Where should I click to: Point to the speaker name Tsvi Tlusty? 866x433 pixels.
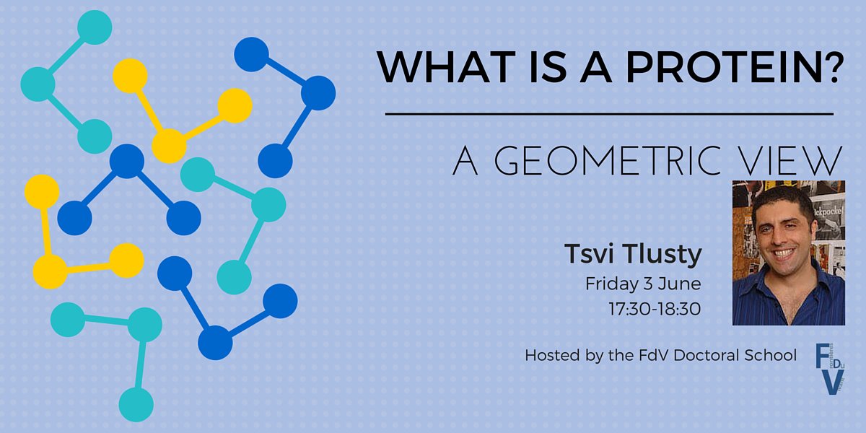632,255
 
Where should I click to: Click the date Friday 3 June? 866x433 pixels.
643,283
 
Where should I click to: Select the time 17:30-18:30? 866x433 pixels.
655,308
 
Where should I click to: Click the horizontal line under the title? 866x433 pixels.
609,114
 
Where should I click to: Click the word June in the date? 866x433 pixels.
682,283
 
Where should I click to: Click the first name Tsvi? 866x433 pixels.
587,255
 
